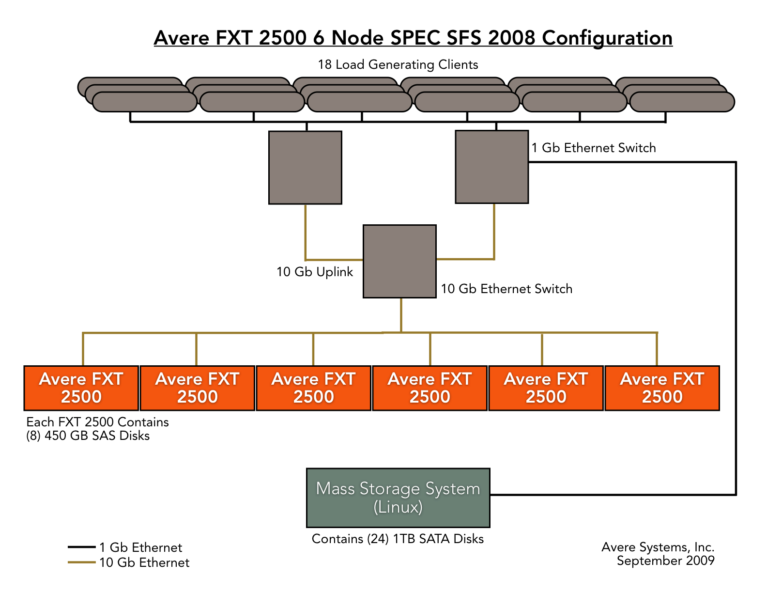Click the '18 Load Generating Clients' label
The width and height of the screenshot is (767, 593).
click(x=398, y=64)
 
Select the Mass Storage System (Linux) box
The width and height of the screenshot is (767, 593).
click(x=398, y=498)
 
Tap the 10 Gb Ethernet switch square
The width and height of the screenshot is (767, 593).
click(x=399, y=261)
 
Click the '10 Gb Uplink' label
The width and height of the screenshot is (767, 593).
click(x=314, y=272)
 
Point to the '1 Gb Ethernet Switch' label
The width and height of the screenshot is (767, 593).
click(x=594, y=148)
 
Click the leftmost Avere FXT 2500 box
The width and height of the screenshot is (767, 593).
click(x=81, y=388)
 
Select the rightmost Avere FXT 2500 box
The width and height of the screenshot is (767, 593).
click(x=662, y=388)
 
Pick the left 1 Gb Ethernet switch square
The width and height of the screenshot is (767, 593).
click(x=306, y=168)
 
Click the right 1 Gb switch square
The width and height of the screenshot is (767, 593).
click(x=491, y=167)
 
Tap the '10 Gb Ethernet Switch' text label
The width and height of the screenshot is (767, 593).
click(x=506, y=289)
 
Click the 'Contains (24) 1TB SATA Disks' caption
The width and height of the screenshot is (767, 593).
click(x=398, y=539)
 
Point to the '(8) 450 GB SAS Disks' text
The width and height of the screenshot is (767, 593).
click(x=88, y=436)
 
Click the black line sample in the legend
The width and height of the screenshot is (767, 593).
click(x=81, y=547)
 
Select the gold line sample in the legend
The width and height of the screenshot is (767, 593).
click(x=81, y=562)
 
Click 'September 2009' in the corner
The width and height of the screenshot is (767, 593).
click(x=665, y=561)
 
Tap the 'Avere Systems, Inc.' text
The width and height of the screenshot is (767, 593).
click(x=658, y=547)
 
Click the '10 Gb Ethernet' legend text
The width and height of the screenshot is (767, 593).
click(x=144, y=562)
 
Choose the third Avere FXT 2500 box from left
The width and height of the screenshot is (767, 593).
click(x=313, y=388)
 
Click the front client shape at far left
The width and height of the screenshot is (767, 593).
click(x=144, y=102)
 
